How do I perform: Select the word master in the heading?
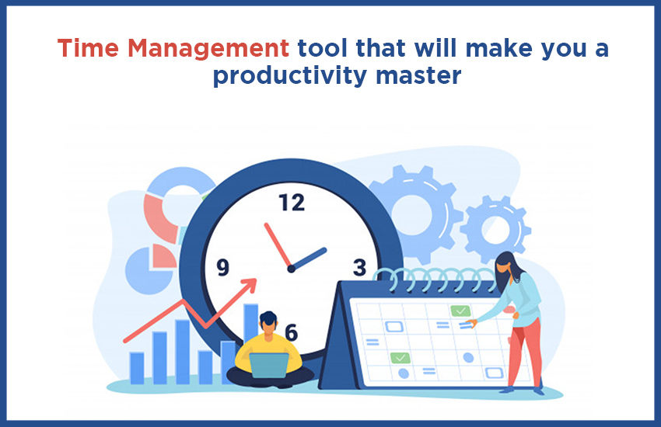(418, 75)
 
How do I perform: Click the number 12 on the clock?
(292, 203)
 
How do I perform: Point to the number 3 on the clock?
(359, 267)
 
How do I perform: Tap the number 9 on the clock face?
(222, 267)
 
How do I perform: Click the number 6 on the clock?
(292, 332)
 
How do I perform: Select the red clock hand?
(278, 245)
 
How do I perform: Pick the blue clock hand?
(309, 259)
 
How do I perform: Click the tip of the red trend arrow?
(257, 279)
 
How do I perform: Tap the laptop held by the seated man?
(269, 366)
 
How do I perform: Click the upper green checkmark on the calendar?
(460, 311)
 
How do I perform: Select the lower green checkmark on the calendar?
(400, 358)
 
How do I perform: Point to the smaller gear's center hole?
(496, 230)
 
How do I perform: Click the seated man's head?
(268, 322)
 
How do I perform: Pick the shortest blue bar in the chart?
(137, 368)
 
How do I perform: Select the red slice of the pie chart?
(163, 256)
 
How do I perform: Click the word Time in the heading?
(88, 48)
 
